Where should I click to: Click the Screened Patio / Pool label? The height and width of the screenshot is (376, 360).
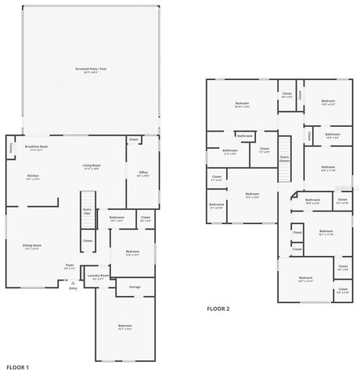[x=92, y=69]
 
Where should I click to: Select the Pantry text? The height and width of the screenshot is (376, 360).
[x=11, y=147]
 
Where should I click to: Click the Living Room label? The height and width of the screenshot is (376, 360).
[x=92, y=165]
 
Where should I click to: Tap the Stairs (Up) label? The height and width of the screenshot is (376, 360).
[x=87, y=211]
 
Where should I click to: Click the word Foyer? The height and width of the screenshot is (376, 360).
[x=70, y=266]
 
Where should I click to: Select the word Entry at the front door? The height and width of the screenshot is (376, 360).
[x=73, y=288]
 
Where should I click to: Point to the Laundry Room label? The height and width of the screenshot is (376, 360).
[x=98, y=276]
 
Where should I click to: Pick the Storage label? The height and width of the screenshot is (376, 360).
[x=135, y=287]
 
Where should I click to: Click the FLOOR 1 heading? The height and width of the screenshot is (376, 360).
[x=18, y=367]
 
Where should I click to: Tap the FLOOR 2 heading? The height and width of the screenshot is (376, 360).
[x=218, y=309]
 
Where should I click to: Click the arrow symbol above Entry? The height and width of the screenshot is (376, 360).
[x=73, y=282]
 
